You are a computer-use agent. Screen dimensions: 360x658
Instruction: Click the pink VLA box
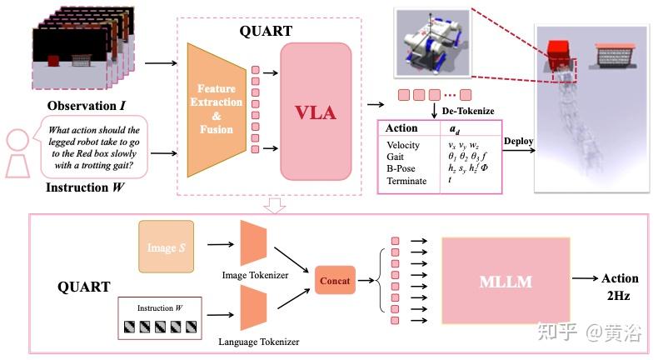(317, 112)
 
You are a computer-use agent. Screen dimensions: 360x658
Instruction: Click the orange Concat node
(335, 281)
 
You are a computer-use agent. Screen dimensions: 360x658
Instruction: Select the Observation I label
(86, 106)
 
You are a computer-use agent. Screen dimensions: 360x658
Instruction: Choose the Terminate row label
(406, 181)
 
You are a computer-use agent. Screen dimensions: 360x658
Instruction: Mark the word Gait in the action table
(396, 157)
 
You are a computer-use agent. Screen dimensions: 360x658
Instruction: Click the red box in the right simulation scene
(558, 53)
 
